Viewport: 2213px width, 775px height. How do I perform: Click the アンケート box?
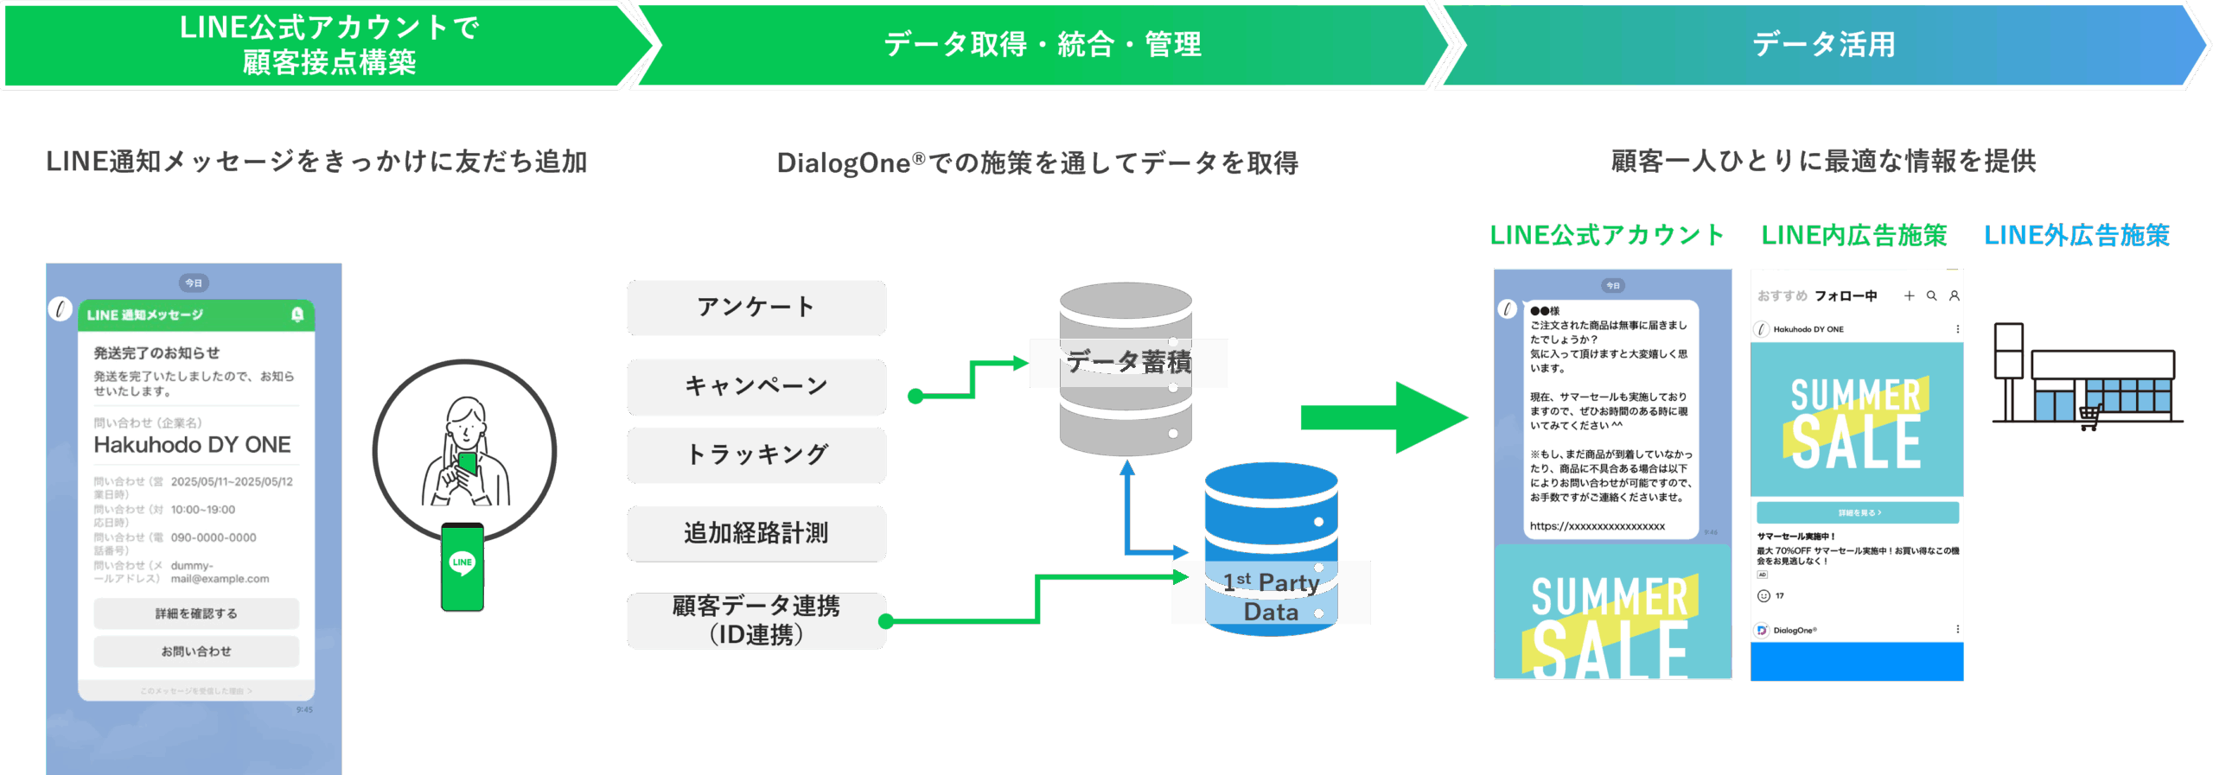click(x=756, y=308)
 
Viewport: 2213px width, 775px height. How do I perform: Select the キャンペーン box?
click(x=756, y=386)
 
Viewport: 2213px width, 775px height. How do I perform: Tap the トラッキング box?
click(x=756, y=454)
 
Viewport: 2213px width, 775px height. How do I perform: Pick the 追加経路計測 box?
click(x=756, y=533)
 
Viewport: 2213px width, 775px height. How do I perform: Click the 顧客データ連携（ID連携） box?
click(x=756, y=620)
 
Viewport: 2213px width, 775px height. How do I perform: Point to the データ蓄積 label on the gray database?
click(x=1128, y=362)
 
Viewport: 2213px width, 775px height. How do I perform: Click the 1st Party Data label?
click(x=1271, y=597)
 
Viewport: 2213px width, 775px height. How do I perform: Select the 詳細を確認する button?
click(x=196, y=613)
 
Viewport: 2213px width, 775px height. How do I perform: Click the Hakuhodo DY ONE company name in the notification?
click(x=192, y=445)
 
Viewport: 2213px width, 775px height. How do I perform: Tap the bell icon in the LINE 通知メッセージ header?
click(x=297, y=314)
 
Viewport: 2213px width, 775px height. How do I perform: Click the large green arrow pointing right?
click(x=1383, y=418)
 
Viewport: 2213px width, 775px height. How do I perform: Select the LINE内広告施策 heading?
click(x=1854, y=235)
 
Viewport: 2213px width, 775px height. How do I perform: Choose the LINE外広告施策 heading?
click(x=2076, y=235)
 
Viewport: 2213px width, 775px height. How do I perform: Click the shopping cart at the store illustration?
click(x=2089, y=417)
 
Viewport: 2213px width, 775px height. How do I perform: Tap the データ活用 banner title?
click(x=1824, y=45)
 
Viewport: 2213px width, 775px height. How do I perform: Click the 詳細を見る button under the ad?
click(x=1858, y=512)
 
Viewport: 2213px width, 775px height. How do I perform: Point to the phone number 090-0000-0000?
click(x=214, y=537)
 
